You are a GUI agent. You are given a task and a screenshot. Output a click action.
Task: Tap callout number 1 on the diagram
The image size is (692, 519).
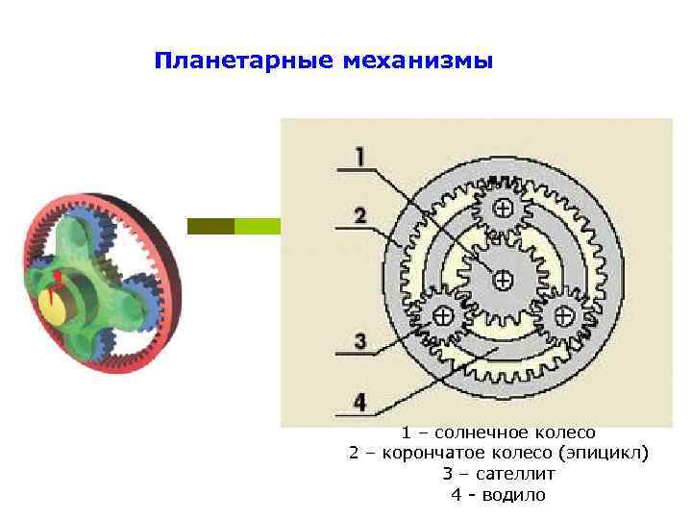pyautogui.click(x=359, y=156)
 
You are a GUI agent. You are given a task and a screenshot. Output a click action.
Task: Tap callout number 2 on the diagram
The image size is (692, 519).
pyautogui.click(x=359, y=216)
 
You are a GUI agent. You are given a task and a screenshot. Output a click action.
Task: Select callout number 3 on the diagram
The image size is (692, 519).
pyautogui.click(x=359, y=340)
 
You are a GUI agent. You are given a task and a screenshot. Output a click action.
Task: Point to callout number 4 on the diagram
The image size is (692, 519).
pyautogui.click(x=359, y=402)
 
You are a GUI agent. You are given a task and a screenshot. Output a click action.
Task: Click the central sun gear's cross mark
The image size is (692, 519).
pyautogui.click(x=502, y=279)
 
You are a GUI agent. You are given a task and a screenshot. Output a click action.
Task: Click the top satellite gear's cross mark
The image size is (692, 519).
pyautogui.click(x=502, y=208)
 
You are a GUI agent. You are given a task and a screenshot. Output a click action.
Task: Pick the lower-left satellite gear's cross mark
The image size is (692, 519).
pyautogui.click(x=443, y=314)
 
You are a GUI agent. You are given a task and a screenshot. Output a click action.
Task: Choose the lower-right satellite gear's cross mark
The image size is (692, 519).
pyautogui.click(x=560, y=314)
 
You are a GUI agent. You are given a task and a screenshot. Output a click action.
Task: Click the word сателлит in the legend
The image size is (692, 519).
pyautogui.click(x=511, y=475)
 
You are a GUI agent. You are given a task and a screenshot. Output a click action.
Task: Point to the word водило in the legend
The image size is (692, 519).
pyautogui.click(x=514, y=496)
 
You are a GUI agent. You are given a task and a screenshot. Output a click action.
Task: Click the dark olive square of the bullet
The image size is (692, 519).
pyautogui.click(x=210, y=226)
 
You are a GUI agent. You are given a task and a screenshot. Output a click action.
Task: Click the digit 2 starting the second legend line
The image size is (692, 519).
pyautogui.click(x=354, y=454)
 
